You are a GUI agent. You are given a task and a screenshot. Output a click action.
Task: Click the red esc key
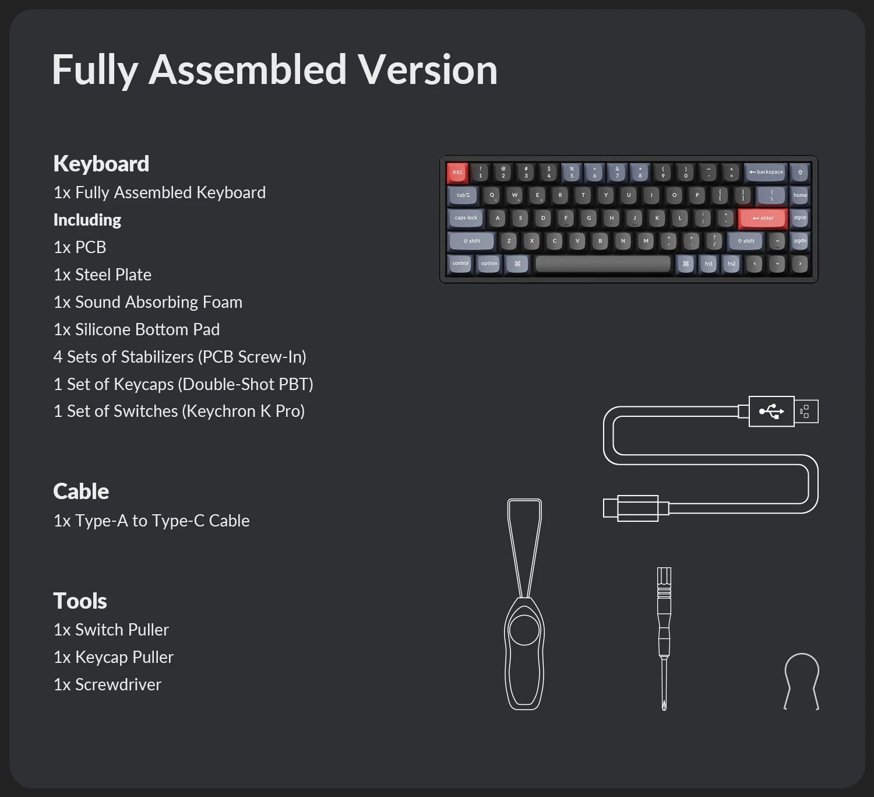[x=457, y=173]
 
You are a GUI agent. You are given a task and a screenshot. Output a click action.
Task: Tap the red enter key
[x=763, y=218]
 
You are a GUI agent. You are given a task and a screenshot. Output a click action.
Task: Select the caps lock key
[x=466, y=218]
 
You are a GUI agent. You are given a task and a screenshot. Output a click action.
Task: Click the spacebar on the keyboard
[x=602, y=264]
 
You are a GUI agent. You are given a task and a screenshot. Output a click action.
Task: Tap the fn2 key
[x=731, y=264]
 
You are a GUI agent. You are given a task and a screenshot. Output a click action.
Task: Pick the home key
[x=800, y=195]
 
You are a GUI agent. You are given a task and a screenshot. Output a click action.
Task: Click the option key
[x=488, y=264]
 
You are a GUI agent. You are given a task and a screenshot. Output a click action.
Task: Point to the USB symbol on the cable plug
[x=771, y=411]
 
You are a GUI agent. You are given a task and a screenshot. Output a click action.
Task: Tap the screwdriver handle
[x=664, y=610]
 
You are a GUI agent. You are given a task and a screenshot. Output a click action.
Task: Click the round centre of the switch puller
[x=524, y=630]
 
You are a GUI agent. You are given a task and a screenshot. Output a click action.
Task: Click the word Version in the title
[x=428, y=70]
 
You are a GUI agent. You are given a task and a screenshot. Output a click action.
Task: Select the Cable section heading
[x=81, y=491]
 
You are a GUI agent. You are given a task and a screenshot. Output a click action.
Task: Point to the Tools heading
[x=80, y=601]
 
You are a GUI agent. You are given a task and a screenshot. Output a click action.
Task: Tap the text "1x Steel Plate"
[x=103, y=275]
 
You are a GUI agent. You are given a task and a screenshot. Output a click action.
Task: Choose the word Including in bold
[x=87, y=220]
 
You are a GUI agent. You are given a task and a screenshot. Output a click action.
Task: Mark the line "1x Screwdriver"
[x=107, y=684]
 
